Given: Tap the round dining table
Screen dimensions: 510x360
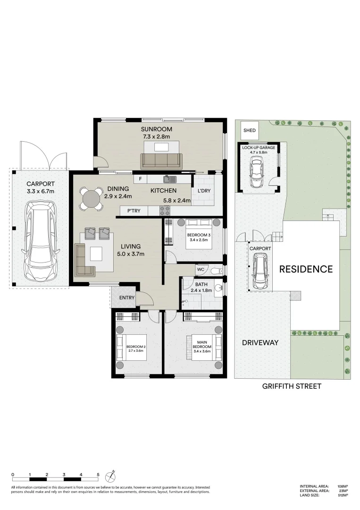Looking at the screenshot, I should point(92,199).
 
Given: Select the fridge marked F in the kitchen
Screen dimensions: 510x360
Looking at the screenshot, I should point(140,179).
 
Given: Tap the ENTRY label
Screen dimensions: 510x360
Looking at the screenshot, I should point(127,297).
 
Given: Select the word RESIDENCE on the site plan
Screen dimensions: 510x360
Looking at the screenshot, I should point(306,269).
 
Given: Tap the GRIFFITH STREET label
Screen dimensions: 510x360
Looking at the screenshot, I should point(292,386).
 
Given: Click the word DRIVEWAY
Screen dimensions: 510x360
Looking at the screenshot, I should point(260,343).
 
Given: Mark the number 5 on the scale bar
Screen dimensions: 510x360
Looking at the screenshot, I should point(98,474).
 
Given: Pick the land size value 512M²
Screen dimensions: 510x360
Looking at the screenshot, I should point(343,495).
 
